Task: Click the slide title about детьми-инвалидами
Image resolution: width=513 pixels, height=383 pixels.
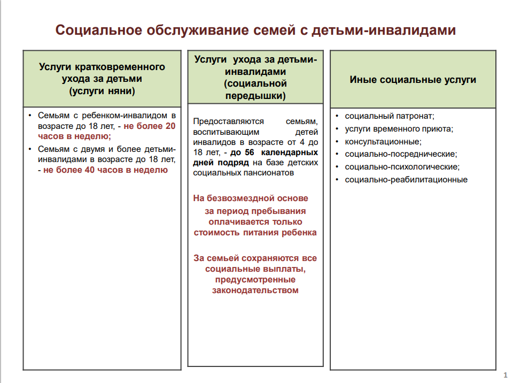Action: [256, 30]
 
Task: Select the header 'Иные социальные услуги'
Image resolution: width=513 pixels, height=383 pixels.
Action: [413, 80]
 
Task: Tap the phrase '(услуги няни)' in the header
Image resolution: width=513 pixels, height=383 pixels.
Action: [102, 91]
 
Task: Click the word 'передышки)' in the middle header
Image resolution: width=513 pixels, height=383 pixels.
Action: [255, 96]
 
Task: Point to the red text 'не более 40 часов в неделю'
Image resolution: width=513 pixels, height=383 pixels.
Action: [105, 170]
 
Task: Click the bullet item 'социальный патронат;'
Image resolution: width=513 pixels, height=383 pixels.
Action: [390, 116]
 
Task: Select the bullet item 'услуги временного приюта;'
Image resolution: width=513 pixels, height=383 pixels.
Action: [399, 128]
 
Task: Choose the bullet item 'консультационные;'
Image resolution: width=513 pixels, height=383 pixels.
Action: [383, 141]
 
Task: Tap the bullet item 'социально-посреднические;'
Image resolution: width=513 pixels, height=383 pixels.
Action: [401, 154]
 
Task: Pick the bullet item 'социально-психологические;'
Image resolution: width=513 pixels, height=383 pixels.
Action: [402, 166]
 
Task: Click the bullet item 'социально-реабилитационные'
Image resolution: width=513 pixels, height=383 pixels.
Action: [406, 179]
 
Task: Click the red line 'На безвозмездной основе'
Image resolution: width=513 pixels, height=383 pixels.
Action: [251, 198]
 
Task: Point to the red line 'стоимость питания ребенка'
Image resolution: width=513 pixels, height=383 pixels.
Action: [255, 233]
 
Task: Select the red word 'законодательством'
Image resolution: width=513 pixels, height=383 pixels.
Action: [255, 290]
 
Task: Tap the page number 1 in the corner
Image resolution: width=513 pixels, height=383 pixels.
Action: [505, 376]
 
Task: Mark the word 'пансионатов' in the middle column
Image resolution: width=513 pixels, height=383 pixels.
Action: [271, 173]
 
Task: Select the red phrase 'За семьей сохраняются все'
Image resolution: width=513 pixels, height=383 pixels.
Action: [255, 258]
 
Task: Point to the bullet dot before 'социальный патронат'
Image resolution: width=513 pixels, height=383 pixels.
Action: [337, 116]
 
